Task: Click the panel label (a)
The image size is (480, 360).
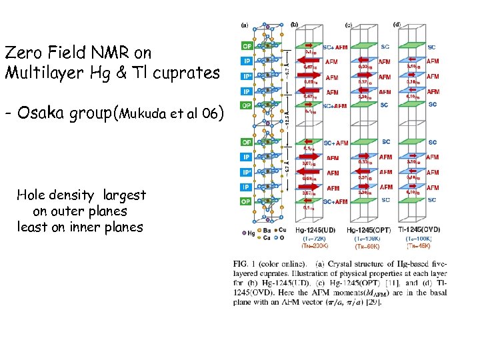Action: coord(244,25)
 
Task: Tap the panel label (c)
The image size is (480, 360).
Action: coord(348,25)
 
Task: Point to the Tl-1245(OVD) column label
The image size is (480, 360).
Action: coord(417,230)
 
